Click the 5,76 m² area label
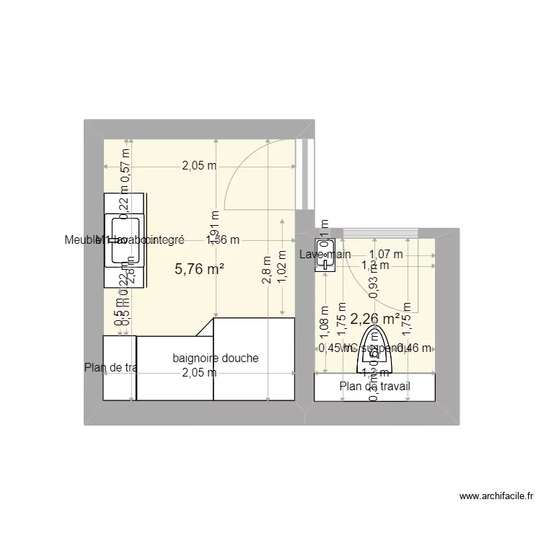[199, 270]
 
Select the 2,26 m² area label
[375, 318]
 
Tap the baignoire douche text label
[216, 359]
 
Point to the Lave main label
[325, 254]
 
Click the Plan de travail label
[375, 386]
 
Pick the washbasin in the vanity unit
[118, 240]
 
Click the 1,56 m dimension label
[223, 240]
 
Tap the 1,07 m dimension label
[387, 254]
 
